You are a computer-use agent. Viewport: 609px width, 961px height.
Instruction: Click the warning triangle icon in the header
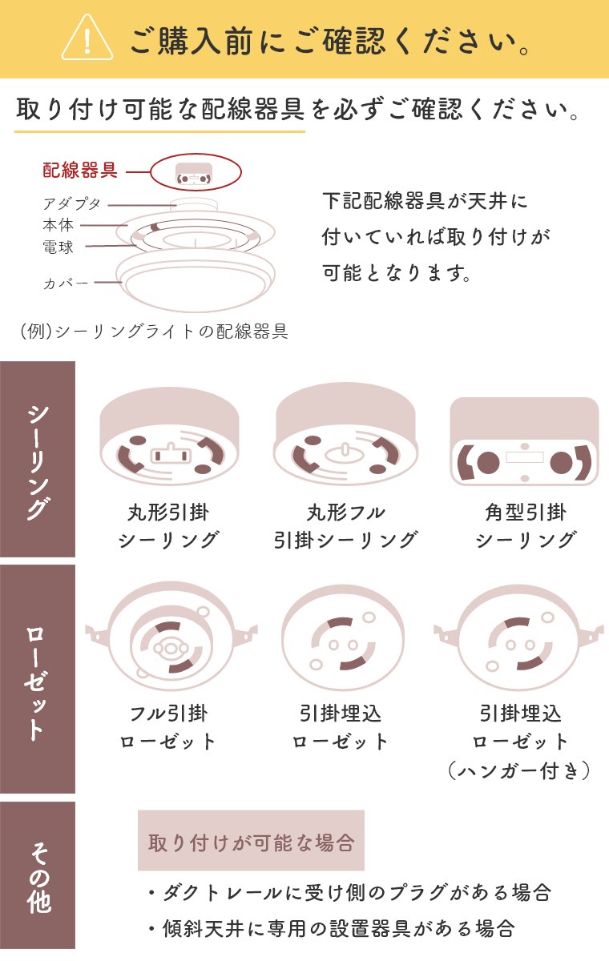coord(87,38)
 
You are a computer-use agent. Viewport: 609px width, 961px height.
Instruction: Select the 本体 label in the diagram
coord(58,225)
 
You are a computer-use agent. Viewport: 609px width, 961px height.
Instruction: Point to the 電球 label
coord(58,247)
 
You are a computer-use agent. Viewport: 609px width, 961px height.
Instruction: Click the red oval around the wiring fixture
coord(196,171)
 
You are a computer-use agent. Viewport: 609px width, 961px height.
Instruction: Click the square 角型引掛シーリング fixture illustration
coord(524,441)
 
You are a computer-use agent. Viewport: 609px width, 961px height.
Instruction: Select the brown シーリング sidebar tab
coord(38,459)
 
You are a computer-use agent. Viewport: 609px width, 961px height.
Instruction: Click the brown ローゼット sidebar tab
coord(38,678)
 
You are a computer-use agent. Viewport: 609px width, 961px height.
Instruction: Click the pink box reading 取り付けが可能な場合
coord(251,841)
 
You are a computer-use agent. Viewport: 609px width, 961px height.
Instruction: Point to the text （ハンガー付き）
coord(519,771)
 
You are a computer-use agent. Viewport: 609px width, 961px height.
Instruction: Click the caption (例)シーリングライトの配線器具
coord(155,331)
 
